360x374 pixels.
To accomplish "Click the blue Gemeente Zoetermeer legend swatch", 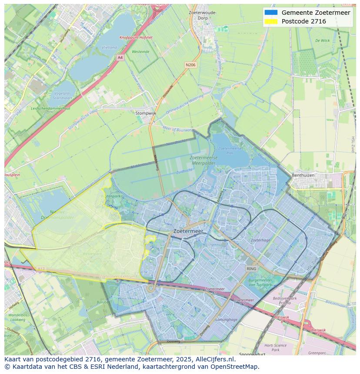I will click(x=270, y=13).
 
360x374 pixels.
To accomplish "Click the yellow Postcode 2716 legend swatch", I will click(x=270, y=21).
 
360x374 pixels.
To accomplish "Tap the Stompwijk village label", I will click(x=146, y=113).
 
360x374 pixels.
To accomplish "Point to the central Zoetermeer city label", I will click(x=188, y=232).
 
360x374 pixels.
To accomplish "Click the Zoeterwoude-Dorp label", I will click(x=203, y=16).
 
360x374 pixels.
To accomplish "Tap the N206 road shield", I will click(x=190, y=65).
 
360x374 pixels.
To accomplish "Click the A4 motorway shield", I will click(x=120, y=57).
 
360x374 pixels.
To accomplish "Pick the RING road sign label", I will click(x=251, y=269).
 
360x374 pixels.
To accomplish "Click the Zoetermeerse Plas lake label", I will click(x=227, y=151).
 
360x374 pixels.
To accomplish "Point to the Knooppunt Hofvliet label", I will click(x=136, y=38).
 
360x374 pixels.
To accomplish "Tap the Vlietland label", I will click(x=109, y=47).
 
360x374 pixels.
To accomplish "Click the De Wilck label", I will click(x=323, y=40).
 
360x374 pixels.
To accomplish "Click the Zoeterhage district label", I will click(x=260, y=240).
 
